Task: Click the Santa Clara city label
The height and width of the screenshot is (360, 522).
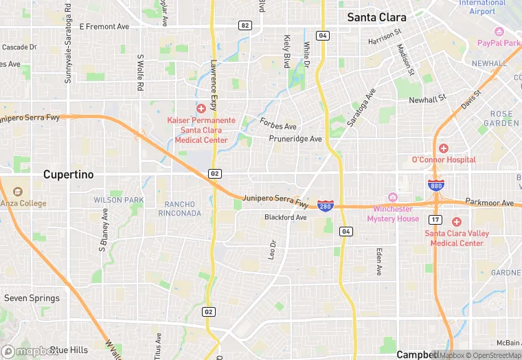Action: [376, 17]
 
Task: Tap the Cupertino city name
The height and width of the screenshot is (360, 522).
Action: [68, 175]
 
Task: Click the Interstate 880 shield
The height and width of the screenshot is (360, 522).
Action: [435, 185]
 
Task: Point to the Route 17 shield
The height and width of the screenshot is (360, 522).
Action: [435, 219]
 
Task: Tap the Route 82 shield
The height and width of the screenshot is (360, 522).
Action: [245, 25]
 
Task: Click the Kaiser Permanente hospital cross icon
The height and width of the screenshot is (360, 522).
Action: [201, 109]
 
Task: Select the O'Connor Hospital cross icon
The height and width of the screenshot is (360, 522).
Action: [443, 148]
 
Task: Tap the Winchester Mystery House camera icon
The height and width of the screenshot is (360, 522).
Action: [393, 197]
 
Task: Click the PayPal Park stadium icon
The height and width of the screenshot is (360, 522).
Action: [499, 32]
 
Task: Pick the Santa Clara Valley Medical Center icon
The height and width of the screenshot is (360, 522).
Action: [457, 221]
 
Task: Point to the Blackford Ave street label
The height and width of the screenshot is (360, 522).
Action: [286, 218]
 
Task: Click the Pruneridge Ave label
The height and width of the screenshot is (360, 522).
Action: [295, 139]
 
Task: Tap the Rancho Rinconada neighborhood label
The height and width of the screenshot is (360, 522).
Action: [183, 208]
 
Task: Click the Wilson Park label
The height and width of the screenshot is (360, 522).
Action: [119, 200]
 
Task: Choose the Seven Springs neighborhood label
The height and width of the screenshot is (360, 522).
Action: [32, 298]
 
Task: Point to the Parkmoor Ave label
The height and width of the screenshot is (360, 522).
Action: [489, 203]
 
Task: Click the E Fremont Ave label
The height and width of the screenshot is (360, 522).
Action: [104, 26]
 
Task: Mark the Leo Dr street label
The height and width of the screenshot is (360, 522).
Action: [273, 249]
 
